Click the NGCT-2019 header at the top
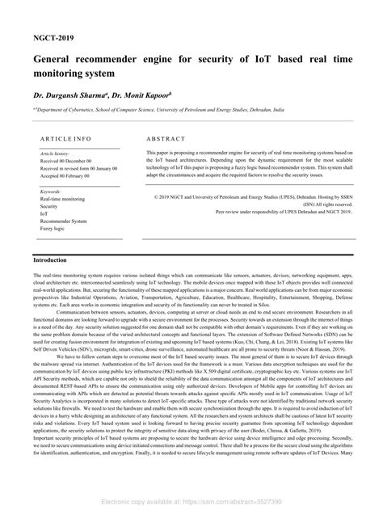(x=53, y=37)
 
